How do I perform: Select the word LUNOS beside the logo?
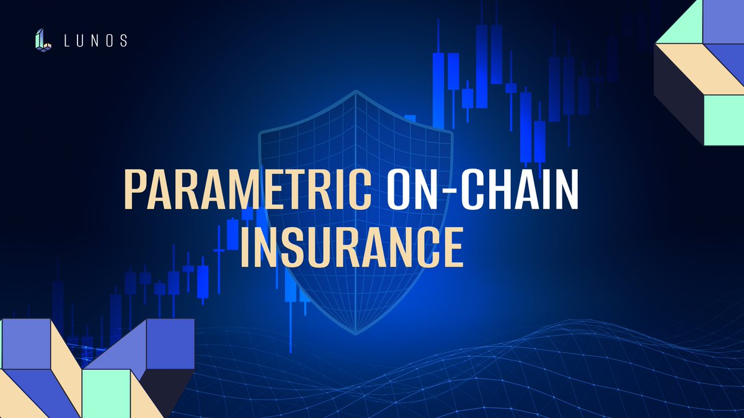[x=96, y=41]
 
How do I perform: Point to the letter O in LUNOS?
[x=110, y=41]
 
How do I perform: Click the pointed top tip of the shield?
[x=356, y=92]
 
